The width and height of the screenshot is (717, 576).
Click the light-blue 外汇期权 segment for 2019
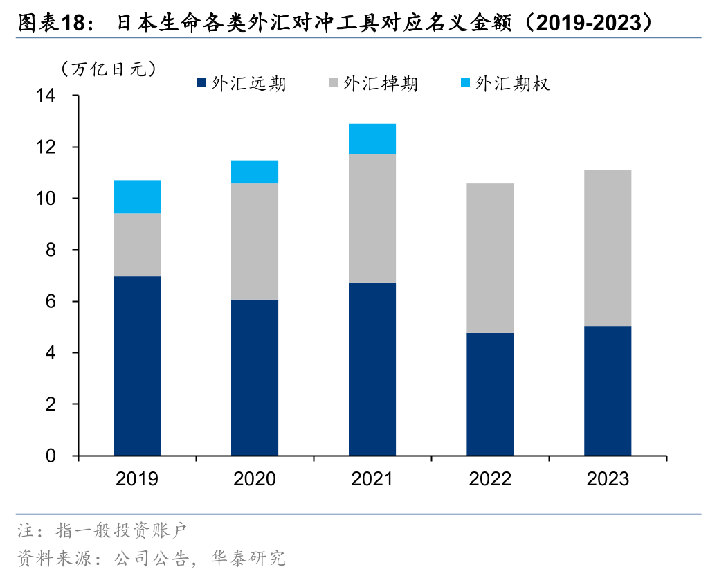(x=137, y=197)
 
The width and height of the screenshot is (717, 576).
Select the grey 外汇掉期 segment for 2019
(x=137, y=244)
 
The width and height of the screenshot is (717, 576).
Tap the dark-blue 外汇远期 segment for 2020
(x=255, y=377)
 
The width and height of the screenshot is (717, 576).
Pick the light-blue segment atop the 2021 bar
(x=372, y=138)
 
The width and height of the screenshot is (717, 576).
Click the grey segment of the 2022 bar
(x=490, y=258)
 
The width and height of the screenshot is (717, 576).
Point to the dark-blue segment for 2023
(x=608, y=390)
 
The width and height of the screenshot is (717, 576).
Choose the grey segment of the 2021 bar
(x=372, y=218)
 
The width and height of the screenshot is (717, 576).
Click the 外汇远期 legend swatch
(x=201, y=84)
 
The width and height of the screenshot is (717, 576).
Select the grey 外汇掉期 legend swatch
(x=333, y=84)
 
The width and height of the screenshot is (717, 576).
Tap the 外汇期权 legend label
(x=512, y=84)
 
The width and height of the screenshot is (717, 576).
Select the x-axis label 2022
(x=490, y=479)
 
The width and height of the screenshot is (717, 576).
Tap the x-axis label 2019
(x=137, y=479)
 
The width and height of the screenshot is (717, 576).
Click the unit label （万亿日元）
(x=108, y=68)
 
